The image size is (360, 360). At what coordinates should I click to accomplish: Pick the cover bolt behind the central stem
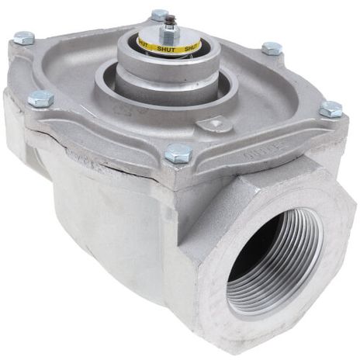[x=160, y=14]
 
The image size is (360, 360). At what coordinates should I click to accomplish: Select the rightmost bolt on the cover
[x=331, y=109]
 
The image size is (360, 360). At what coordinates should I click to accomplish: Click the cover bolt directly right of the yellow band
[x=272, y=48]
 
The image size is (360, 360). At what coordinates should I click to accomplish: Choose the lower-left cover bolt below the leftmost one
[x=40, y=99]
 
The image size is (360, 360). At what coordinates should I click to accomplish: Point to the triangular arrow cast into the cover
[x=211, y=124]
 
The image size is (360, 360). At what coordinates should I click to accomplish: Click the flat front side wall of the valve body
[x=116, y=233]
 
